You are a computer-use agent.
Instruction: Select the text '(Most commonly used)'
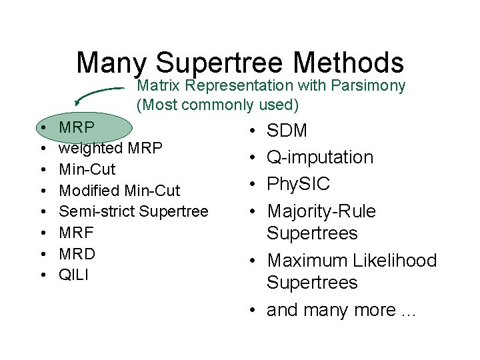point(217,105)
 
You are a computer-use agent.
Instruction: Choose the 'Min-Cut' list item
point(87,168)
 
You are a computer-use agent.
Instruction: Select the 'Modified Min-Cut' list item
point(119,191)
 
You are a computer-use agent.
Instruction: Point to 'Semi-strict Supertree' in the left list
point(133,211)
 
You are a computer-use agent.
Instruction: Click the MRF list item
point(77,233)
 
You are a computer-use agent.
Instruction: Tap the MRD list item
point(77,254)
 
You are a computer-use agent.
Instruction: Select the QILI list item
point(74,275)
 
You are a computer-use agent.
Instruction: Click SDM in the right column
point(287,131)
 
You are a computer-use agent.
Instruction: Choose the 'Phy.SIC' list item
point(299,184)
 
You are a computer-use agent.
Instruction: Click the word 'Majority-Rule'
point(321,211)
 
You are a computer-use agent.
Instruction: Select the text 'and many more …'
point(341,310)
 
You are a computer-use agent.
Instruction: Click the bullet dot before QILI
point(42,275)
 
